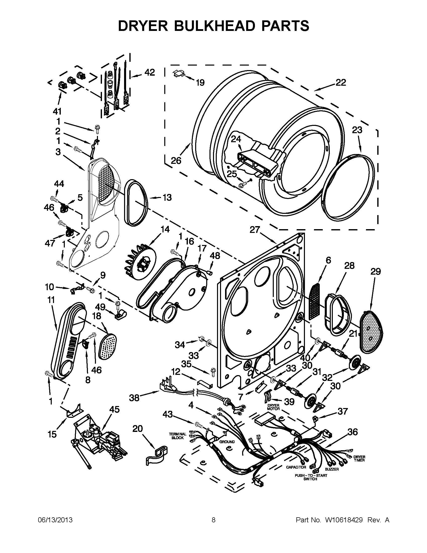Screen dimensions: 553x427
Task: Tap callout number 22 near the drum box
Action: click(x=341, y=83)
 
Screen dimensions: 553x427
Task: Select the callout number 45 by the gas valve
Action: click(x=115, y=410)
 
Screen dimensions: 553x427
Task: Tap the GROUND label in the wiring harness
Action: click(x=227, y=442)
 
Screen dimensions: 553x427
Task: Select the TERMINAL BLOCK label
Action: click(x=177, y=436)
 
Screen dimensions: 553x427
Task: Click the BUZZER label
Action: click(x=332, y=469)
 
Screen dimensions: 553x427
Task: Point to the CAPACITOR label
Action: click(x=296, y=467)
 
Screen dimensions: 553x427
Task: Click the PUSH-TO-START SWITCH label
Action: click(x=311, y=477)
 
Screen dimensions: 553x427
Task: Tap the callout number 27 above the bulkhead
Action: click(x=255, y=230)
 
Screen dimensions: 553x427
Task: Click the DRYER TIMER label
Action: click(x=359, y=459)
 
